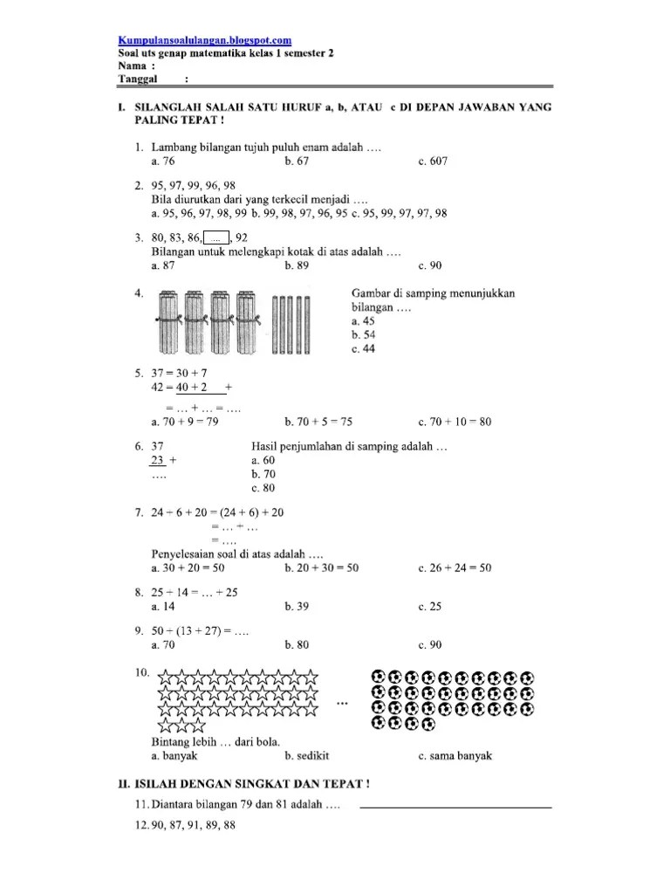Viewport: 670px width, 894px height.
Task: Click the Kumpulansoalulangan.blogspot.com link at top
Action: pyautogui.click(x=204, y=40)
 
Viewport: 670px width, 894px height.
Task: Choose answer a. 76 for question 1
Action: pyautogui.click(x=162, y=162)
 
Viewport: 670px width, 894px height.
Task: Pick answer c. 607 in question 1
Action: pyautogui.click(x=433, y=162)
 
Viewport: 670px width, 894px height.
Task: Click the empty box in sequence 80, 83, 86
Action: pyautogui.click(x=216, y=237)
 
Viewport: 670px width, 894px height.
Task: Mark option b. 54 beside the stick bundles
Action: pyautogui.click(x=363, y=334)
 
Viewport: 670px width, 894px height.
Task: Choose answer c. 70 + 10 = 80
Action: pyautogui.click(x=455, y=422)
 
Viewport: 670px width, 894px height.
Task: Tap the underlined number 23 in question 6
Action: pyautogui.click(x=158, y=460)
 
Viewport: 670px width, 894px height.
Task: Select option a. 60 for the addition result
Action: pyautogui.click(x=262, y=460)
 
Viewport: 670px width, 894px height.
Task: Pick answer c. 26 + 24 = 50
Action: pyautogui.click(x=455, y=567)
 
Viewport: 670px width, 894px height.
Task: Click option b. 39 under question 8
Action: pyautogui.click(x=297, y=606)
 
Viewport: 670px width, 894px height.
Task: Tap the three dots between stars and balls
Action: pyautogui.click(x=343, y=701)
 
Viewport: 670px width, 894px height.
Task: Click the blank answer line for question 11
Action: pyautogui.click(x=455, y=806)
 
